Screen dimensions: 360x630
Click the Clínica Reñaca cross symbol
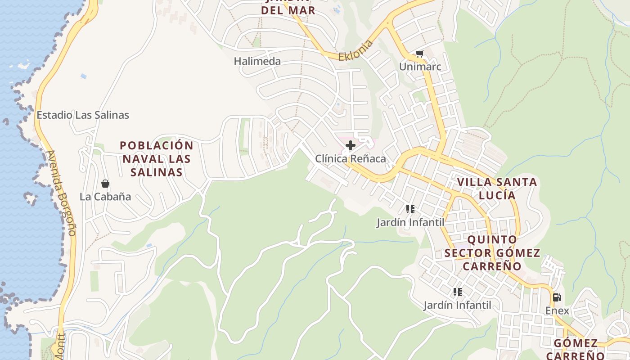tap(351, 145)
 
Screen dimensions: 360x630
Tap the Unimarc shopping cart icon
tap(420, 54)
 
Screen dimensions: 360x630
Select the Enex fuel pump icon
tap(557, 297)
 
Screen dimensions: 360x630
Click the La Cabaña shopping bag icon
tap(105, 184)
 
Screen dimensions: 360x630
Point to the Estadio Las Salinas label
tap(83, 115)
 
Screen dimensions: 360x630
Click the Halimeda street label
tap(257, 61)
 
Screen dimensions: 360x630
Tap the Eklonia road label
tap(356, 51)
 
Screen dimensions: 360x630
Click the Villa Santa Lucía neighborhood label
tap(497, 189)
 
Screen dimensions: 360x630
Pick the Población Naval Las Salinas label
tap(157, 159)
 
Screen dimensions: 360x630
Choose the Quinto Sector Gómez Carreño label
tap(492, 252)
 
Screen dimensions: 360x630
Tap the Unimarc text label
tap(420, 67)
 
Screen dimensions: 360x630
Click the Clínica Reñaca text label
tap(351, 159)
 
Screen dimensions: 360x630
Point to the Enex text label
tap(557, 310)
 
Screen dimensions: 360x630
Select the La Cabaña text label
tap(105, 197)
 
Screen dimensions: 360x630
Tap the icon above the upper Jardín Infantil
tap(410, 209)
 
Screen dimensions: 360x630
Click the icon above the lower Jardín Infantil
tap(458, 292)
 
